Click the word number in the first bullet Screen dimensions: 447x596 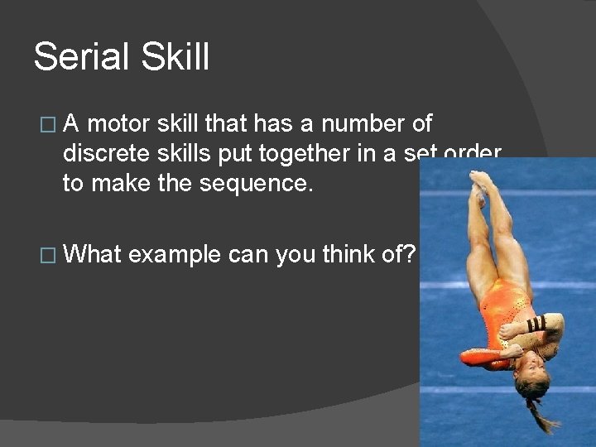point(364,124)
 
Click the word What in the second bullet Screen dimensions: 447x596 point(93,254)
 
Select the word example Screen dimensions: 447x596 point(175,255)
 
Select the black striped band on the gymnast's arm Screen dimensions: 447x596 point(537,324)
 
